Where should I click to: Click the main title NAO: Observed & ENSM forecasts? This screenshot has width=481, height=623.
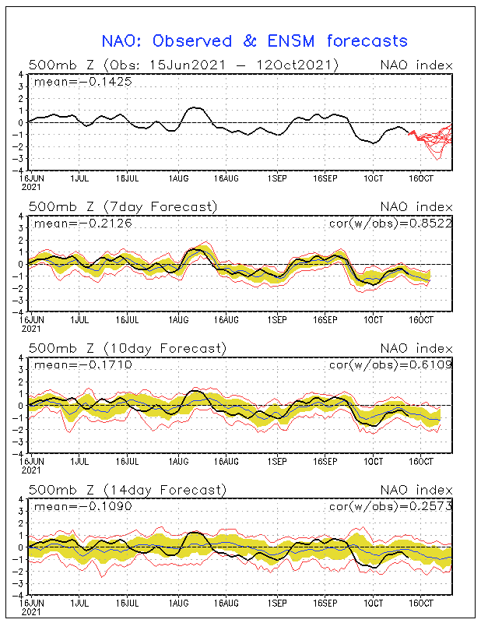tap(255, 41)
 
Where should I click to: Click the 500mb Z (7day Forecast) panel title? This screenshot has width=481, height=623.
tap(122, 206)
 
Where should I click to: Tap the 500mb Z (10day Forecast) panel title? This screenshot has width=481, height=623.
tap(127, 348)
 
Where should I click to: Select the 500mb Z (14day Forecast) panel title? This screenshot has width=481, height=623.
tap(127, 490)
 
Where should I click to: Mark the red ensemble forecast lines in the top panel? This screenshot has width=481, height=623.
tap(433, 140)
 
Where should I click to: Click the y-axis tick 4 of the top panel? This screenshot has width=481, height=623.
tap(23, 75)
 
